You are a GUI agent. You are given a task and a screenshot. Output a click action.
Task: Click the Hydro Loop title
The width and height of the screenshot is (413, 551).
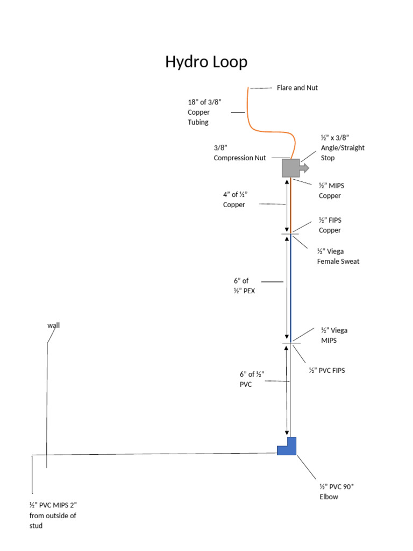[x=206, y=62]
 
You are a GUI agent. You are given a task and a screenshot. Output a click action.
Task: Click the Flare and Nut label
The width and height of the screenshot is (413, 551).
[x=297, y=88]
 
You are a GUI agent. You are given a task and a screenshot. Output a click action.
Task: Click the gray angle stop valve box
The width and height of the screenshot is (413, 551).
[x=290, y=168]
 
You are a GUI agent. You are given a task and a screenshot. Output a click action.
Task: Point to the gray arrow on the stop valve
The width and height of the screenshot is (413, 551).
[x=304, y=168]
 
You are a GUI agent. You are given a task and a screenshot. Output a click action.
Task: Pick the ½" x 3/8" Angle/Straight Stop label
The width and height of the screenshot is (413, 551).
[x=342, y=148]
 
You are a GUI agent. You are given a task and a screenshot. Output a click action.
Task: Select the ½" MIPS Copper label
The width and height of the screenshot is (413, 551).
[x=330, y=190]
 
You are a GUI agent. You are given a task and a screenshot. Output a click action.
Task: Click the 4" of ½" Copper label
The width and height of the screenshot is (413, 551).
[x=235, y=200]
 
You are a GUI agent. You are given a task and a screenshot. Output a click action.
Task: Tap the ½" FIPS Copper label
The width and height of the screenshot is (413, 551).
[x=330, y=225]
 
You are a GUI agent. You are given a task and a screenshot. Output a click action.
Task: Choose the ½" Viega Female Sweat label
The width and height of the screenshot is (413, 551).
[x=338, y=256]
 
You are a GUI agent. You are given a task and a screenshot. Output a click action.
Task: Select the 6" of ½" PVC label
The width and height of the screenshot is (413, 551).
[x=252, y=379]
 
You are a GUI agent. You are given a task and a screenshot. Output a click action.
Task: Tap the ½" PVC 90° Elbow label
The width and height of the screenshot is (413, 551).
[x=336, y=492]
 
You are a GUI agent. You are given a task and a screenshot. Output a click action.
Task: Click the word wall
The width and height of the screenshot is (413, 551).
[x=53, y=326]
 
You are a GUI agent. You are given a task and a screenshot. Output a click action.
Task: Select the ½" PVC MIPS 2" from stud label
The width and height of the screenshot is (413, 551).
[x=56, y=515]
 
